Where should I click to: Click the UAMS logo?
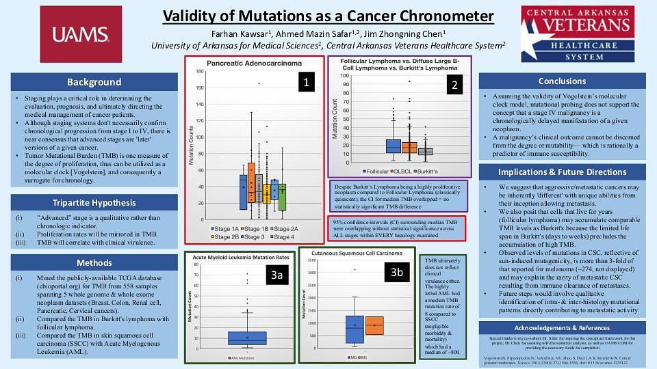[x=81, y=35]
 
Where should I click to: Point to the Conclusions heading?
[x=562, y=81]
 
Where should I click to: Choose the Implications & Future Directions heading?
[x=562, y=172]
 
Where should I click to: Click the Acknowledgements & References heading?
[x=562, y=327]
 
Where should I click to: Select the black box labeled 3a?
[x=276, y=275]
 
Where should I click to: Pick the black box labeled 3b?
[x=397, y=272]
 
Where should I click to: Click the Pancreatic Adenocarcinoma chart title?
[x=254, y=64]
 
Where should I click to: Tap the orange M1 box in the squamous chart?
[x=374, y=325]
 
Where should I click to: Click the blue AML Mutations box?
[x=247, y=338]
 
